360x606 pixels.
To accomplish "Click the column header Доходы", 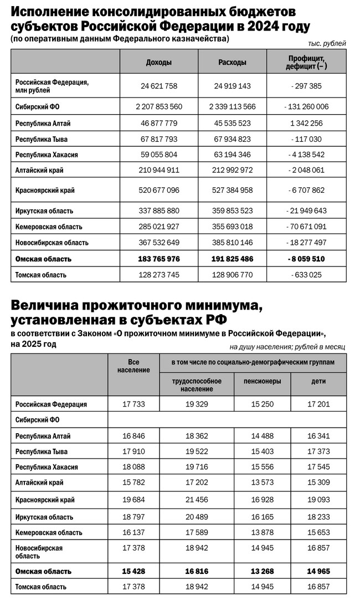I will pyautogui.click(x=158, y=63).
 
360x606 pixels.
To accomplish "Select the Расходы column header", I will pyautogui.click(x=233, y=63).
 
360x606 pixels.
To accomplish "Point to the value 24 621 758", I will pyautogui.click(x=158, y=86).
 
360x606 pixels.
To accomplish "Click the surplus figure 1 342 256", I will pyautogui.click(x=306, y=123).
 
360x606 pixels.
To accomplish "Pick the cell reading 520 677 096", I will pyautogui.click(x=158, y=190).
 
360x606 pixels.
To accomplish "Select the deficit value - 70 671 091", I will pyautogui.click(x=306, y=227).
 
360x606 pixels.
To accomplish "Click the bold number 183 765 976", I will pyautogui.click(x=158, y=259).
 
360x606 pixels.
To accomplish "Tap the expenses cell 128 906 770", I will pyautogui.click(x=233, y=275).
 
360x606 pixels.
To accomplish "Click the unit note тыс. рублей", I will pyautogui.click(x=327, y=43).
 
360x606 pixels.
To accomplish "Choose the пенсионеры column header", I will pyautogui.click(x=263, y=381).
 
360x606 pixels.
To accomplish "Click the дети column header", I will pyautogui.click(x=318, y=381).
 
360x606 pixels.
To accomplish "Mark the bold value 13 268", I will pyautogui.click(x=263, y=571).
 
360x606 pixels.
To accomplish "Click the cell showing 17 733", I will pyautogui.click(x=133, y=404).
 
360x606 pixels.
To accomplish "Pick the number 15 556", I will pyautogui.click(x=263, y=467).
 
